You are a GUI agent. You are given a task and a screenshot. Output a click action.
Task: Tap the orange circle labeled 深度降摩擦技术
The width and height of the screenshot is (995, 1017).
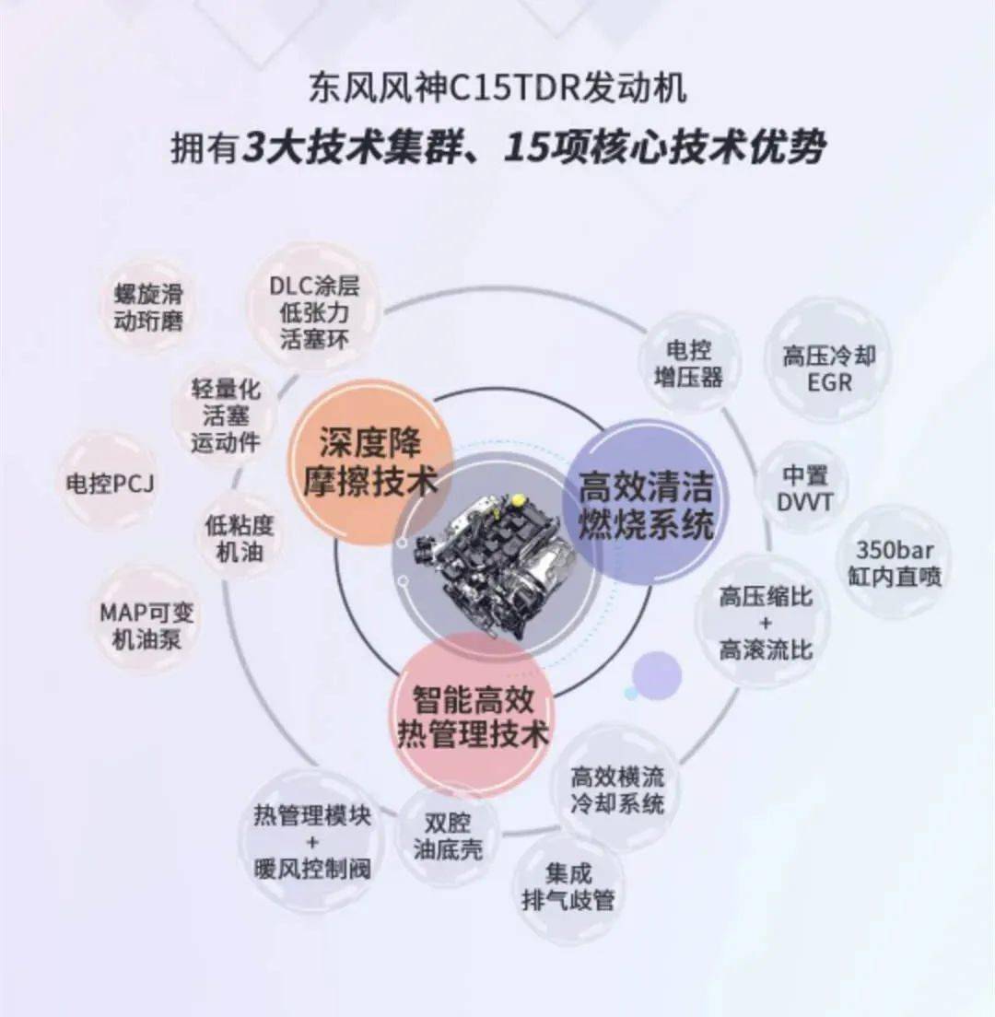(x=370, y=462)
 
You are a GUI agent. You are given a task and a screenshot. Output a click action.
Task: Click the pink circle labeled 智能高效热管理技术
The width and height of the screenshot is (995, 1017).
(x=472, y=717)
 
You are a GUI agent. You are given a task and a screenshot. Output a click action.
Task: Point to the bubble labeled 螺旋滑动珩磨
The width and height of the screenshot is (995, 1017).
(x=148, y=307)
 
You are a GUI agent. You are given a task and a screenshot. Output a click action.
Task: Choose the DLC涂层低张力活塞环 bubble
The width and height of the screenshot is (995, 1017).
(x=314, y=312)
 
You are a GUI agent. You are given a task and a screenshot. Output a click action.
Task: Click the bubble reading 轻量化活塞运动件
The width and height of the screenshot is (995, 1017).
(x=225, y=415)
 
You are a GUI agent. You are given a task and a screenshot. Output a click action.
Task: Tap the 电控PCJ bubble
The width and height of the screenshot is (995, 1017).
(x=109, y=484)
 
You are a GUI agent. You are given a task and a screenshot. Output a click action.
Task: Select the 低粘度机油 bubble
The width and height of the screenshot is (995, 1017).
(x=240, y=538)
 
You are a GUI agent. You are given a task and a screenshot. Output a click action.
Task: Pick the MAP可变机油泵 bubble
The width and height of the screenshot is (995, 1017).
(x=146, y=625)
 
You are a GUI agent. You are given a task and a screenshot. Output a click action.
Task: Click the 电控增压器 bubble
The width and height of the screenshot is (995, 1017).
(x=689, y=363)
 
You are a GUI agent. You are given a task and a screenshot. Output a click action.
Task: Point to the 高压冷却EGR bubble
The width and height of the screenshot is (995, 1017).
(x=828, y=368)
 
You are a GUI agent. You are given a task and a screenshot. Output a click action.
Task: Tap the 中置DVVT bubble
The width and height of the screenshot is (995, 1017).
(x=804, y=488)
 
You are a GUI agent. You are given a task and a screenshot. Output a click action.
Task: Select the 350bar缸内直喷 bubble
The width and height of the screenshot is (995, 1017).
(x=895, y=562)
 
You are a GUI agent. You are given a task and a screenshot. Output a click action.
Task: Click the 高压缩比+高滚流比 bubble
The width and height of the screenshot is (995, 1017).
(x=766, y=623)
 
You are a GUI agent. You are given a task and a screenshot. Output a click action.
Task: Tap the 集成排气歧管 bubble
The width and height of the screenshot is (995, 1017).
(x=568, y=886)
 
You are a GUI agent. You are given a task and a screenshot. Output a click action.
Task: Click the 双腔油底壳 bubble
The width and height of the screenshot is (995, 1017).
(x=448, y=836)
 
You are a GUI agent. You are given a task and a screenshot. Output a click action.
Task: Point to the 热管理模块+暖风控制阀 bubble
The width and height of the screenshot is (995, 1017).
(x=311, y=841)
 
